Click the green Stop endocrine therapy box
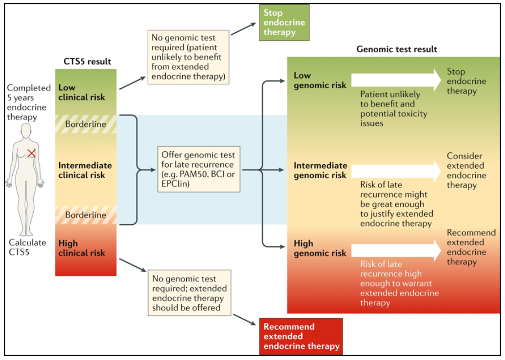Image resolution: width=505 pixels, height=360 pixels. click(284, 22)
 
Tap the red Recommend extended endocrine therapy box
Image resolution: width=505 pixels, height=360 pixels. click(301, 336)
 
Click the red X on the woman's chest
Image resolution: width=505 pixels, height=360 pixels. click(31, 153)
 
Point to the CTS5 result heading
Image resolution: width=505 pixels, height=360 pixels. click(87, 61)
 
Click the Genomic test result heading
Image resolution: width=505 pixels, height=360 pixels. click(396, 49)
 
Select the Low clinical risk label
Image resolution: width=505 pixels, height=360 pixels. click(81, 92)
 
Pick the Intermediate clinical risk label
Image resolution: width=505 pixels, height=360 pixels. click(85, 170)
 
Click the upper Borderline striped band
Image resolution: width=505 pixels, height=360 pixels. click(86, 124)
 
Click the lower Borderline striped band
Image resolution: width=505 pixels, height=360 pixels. click(86, 215)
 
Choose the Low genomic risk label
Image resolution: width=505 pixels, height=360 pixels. click(319, 80)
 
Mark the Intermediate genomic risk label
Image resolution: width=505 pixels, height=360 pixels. click(320, 170)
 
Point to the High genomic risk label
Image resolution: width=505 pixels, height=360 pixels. click(320, 248)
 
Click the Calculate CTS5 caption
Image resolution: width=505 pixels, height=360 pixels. click(27, 247)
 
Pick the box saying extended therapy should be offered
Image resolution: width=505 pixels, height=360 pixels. click(189, 293)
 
